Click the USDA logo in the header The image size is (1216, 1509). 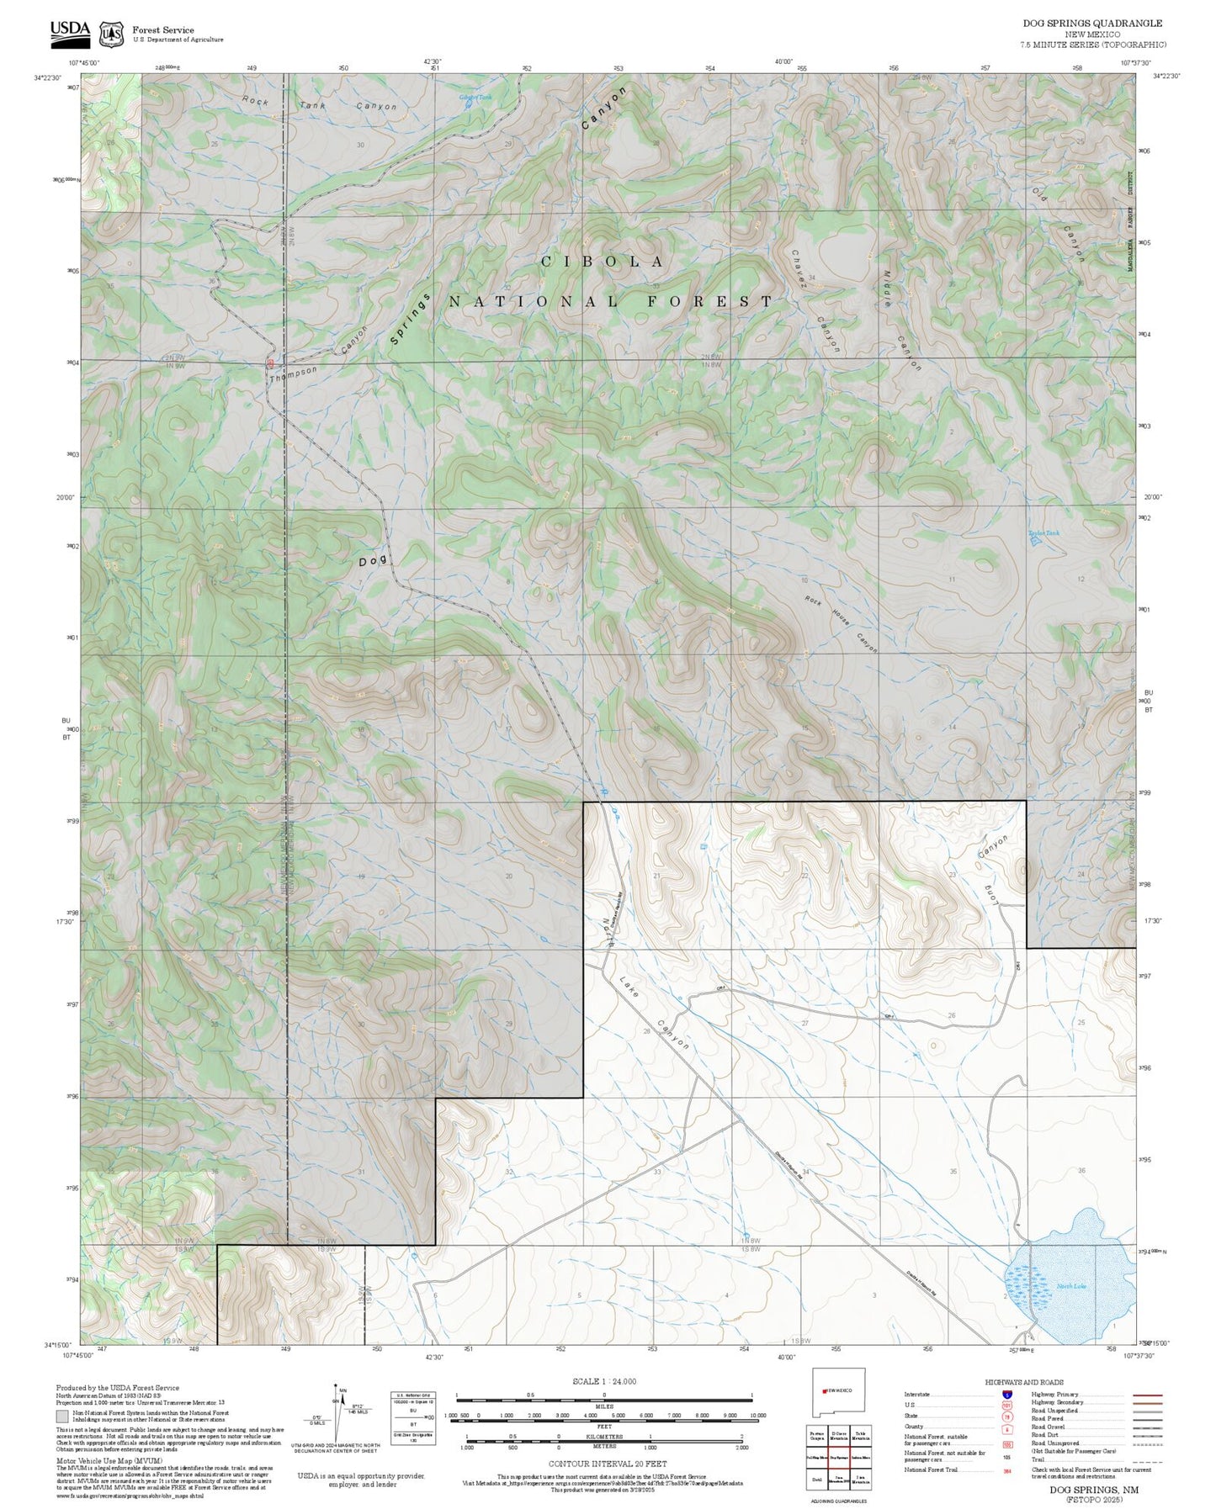click(69, 30)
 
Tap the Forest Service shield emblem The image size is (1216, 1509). click(111, 34)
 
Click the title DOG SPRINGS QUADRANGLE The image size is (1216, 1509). click(1092, 24)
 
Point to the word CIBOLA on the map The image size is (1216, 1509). click(603, 262)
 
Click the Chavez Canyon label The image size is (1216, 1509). click(815, 300)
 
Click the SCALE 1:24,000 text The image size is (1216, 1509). click(603, 1381)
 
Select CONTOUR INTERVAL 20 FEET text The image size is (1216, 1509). click(603, 1464)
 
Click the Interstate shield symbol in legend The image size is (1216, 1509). click(1006, 1395)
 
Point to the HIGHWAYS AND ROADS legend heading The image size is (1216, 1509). click(1024, 1382)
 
